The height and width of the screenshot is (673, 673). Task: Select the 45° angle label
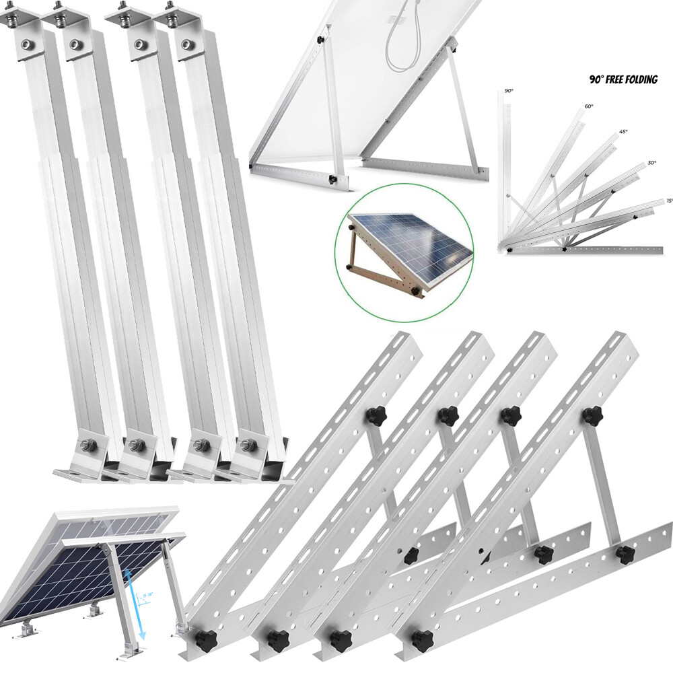(623, 132)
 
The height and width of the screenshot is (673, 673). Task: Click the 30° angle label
(651, 162)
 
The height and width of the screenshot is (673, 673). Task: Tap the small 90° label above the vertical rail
(507, 90)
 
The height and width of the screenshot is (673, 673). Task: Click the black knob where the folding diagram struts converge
(564, 249)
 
